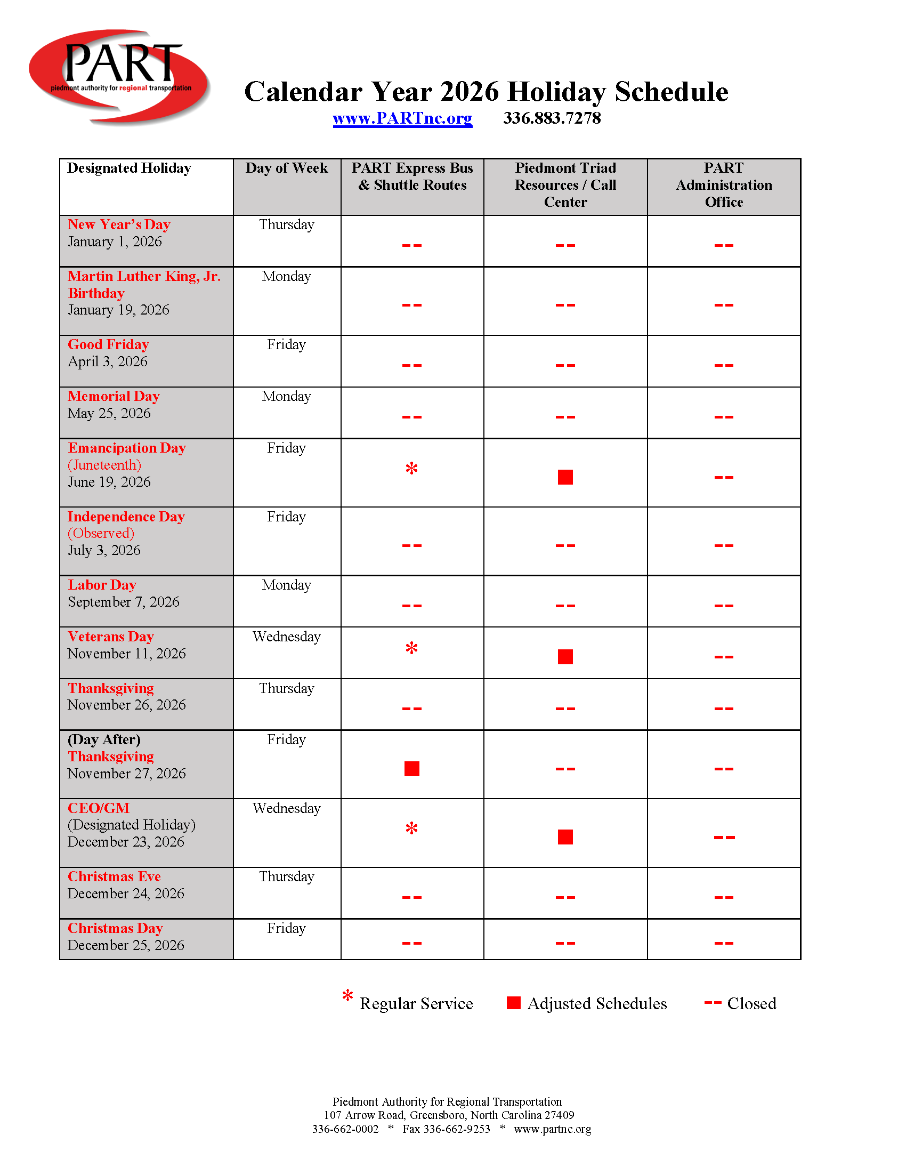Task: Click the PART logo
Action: (119, 76)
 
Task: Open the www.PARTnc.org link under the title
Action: (402, 118)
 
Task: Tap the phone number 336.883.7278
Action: (551, 118)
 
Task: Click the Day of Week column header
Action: (286, 168)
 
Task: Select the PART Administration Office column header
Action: (723, 185)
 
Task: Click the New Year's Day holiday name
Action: (119, 225)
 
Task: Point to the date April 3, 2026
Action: (107, 362)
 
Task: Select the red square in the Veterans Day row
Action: (564, 657)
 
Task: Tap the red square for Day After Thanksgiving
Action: (411, 769)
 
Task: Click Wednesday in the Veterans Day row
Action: (286, 637)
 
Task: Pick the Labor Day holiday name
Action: (102, 585)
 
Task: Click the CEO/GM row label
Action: (99, 808)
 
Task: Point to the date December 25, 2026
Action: (126, 945)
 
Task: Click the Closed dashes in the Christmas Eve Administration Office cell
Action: (723, 897)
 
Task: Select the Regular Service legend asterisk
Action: (348, 996)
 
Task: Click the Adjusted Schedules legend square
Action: (513, 1003)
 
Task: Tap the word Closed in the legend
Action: (751, 1003)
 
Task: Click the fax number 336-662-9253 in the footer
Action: (456, 1129)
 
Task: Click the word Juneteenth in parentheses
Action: (104, 465)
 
